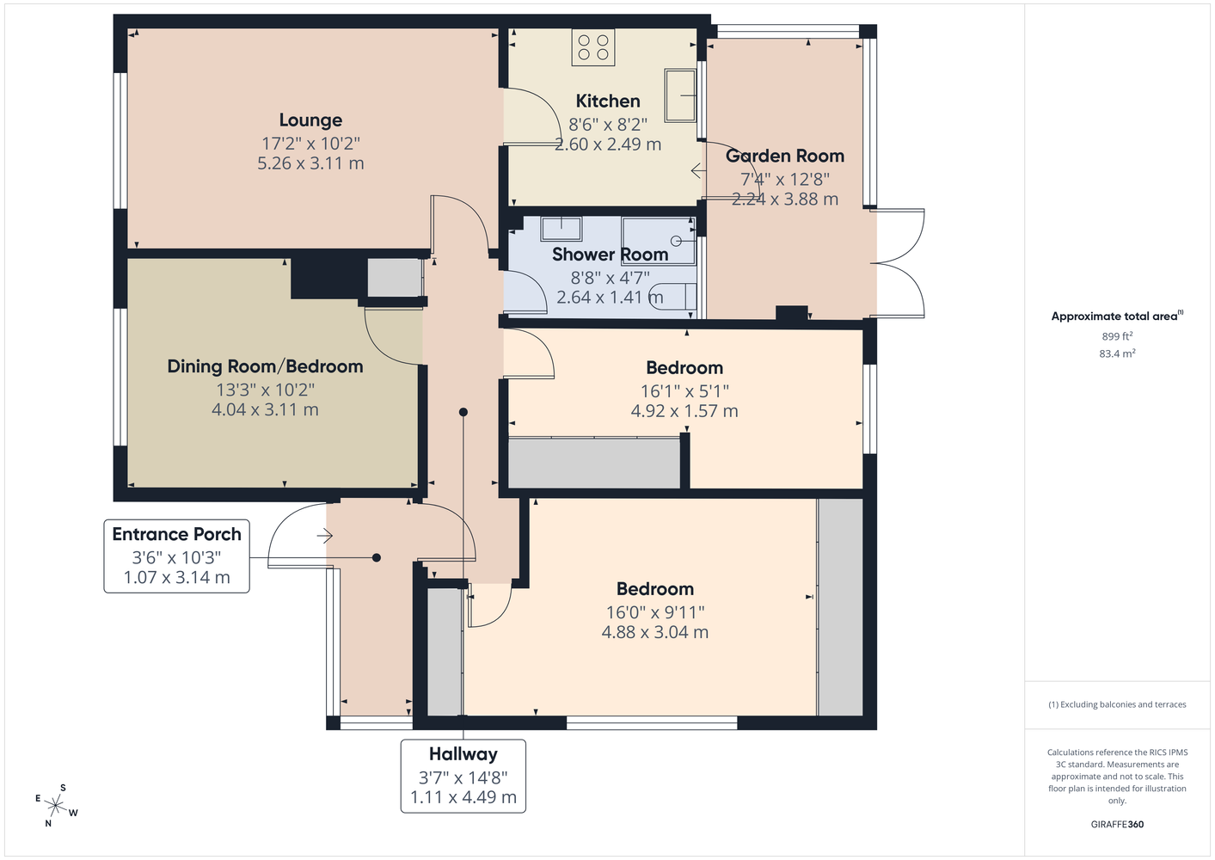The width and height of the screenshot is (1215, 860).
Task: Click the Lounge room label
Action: click(310, 120)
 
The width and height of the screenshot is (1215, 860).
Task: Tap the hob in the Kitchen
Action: click(592, 47)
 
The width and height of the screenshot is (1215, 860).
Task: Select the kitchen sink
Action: click(680, 95)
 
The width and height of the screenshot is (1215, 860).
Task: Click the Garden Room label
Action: click(784, 156)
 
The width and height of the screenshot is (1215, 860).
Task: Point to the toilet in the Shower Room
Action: click(672, 296)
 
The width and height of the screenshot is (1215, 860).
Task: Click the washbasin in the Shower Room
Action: click(561, 229)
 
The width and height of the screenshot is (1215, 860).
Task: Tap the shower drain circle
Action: click(675, 240)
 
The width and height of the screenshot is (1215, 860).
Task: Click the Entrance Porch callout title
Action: click(176, 534)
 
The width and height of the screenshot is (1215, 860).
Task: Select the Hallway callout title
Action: click(463, 753)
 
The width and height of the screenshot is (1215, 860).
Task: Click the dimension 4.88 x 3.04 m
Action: click(654, 632)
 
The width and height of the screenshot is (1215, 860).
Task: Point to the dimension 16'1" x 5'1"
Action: click(684, 390)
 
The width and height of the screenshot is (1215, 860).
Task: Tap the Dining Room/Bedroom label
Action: click(265, 366)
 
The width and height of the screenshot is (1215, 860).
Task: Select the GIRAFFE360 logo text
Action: click(1117, 824)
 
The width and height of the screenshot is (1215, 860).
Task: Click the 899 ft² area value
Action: click(1116, 336)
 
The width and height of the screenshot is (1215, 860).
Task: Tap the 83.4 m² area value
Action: click(1117, 353)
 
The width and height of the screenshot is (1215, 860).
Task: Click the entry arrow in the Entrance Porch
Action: click(324, 536)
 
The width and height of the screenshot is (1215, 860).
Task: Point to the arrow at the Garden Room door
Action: click(698, 171)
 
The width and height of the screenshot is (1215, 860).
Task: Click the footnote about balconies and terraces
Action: click(1117, 704)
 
